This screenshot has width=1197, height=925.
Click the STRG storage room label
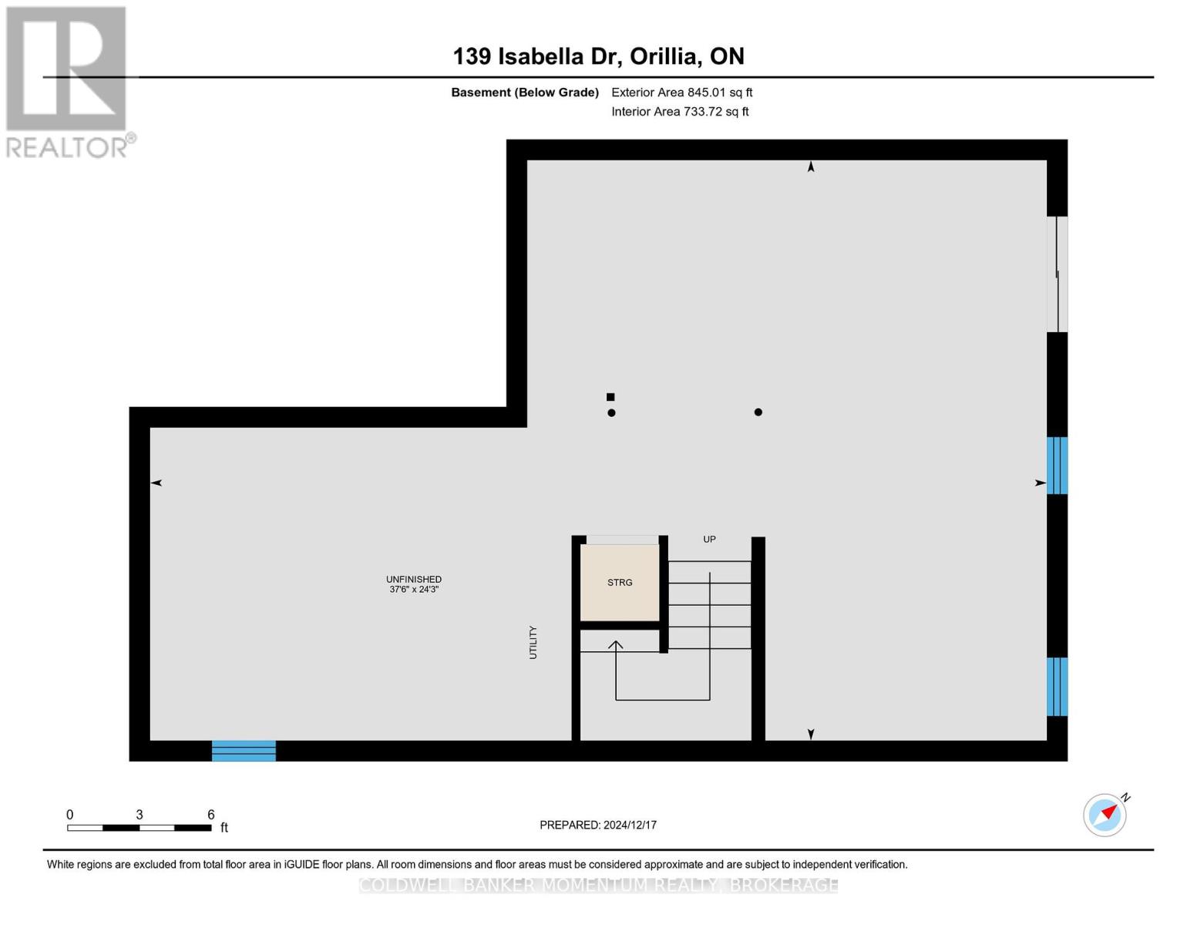click(620, 583)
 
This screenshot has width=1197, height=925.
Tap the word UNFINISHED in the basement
click(414, 579)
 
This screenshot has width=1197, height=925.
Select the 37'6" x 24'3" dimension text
click(414, 590)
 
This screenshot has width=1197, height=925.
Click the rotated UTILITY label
click(533, 642)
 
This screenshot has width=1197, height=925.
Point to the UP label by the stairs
click(709, 540)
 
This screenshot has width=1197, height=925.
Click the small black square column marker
click(610, 397)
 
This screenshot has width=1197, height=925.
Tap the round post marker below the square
click(611, 413)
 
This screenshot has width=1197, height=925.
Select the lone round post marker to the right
click(758, 412)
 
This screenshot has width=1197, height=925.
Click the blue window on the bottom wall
click(244, 751)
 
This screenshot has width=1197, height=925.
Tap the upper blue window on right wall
click(1057, 466)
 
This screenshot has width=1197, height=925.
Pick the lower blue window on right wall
click(1057, 687)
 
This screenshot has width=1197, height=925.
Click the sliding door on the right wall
click(1057, 274)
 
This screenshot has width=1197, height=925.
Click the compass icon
click(1105, 815)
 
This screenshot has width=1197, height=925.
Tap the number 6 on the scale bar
click(210, 815)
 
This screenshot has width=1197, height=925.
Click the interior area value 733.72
click(704, 112)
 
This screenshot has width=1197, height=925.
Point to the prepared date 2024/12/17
click(630, 825)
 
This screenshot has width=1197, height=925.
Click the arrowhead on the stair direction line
click(616, 644)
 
